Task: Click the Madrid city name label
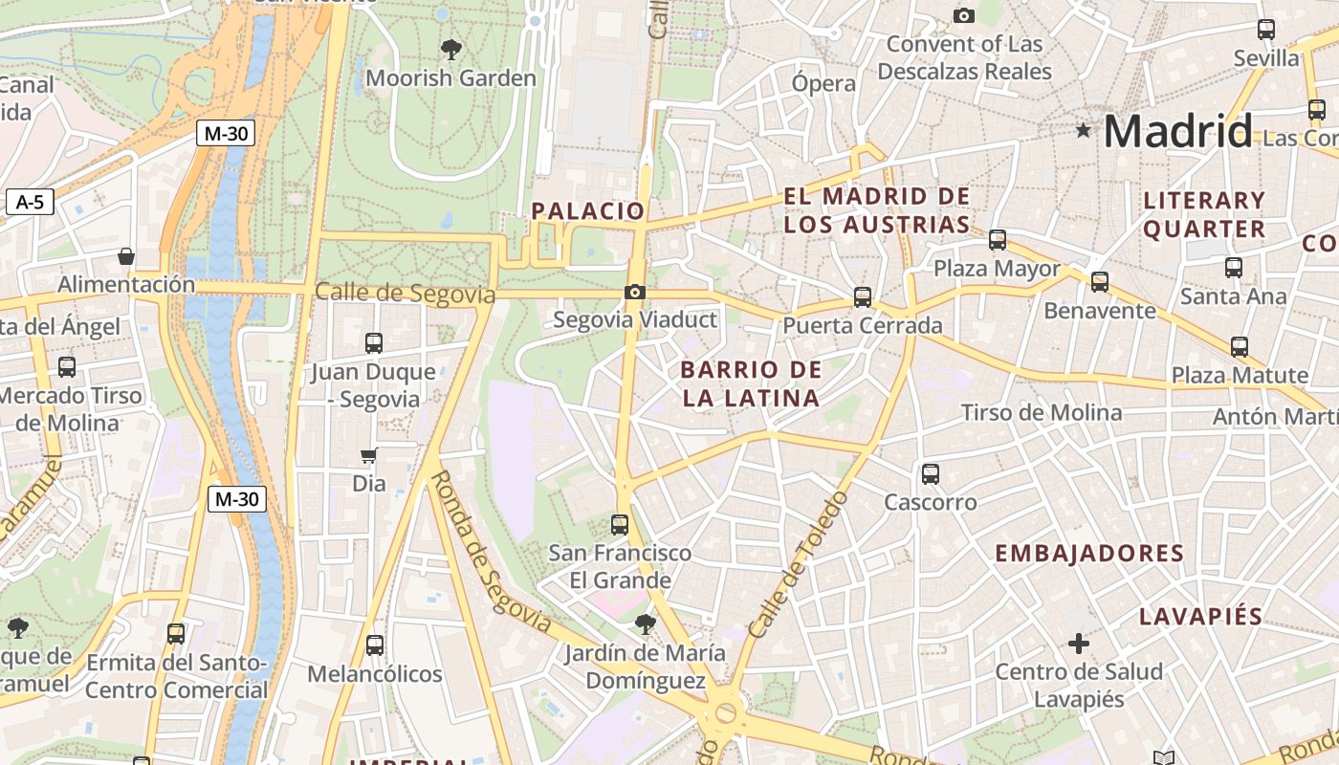[1177, 131]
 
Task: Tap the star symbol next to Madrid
[1083, 130]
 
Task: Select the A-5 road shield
[31, 202]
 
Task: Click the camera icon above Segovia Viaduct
[634, 292]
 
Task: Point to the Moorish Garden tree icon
[450, 49]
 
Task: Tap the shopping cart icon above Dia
[368, 456]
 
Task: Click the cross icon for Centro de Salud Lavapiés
[1079, 644]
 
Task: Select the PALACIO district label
[588, 211]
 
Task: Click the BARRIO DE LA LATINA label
[751, 383]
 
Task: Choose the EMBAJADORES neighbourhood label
[1089, 554]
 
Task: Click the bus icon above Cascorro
[930, 473]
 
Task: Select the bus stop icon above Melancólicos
[374, 645]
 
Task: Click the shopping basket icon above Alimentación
[125, 256]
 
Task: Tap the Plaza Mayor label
[998, 269]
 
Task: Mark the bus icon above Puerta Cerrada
[863, 297]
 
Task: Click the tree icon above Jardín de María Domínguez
[645, 624]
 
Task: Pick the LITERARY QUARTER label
[1204, 214]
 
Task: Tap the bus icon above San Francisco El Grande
[620, 524]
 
